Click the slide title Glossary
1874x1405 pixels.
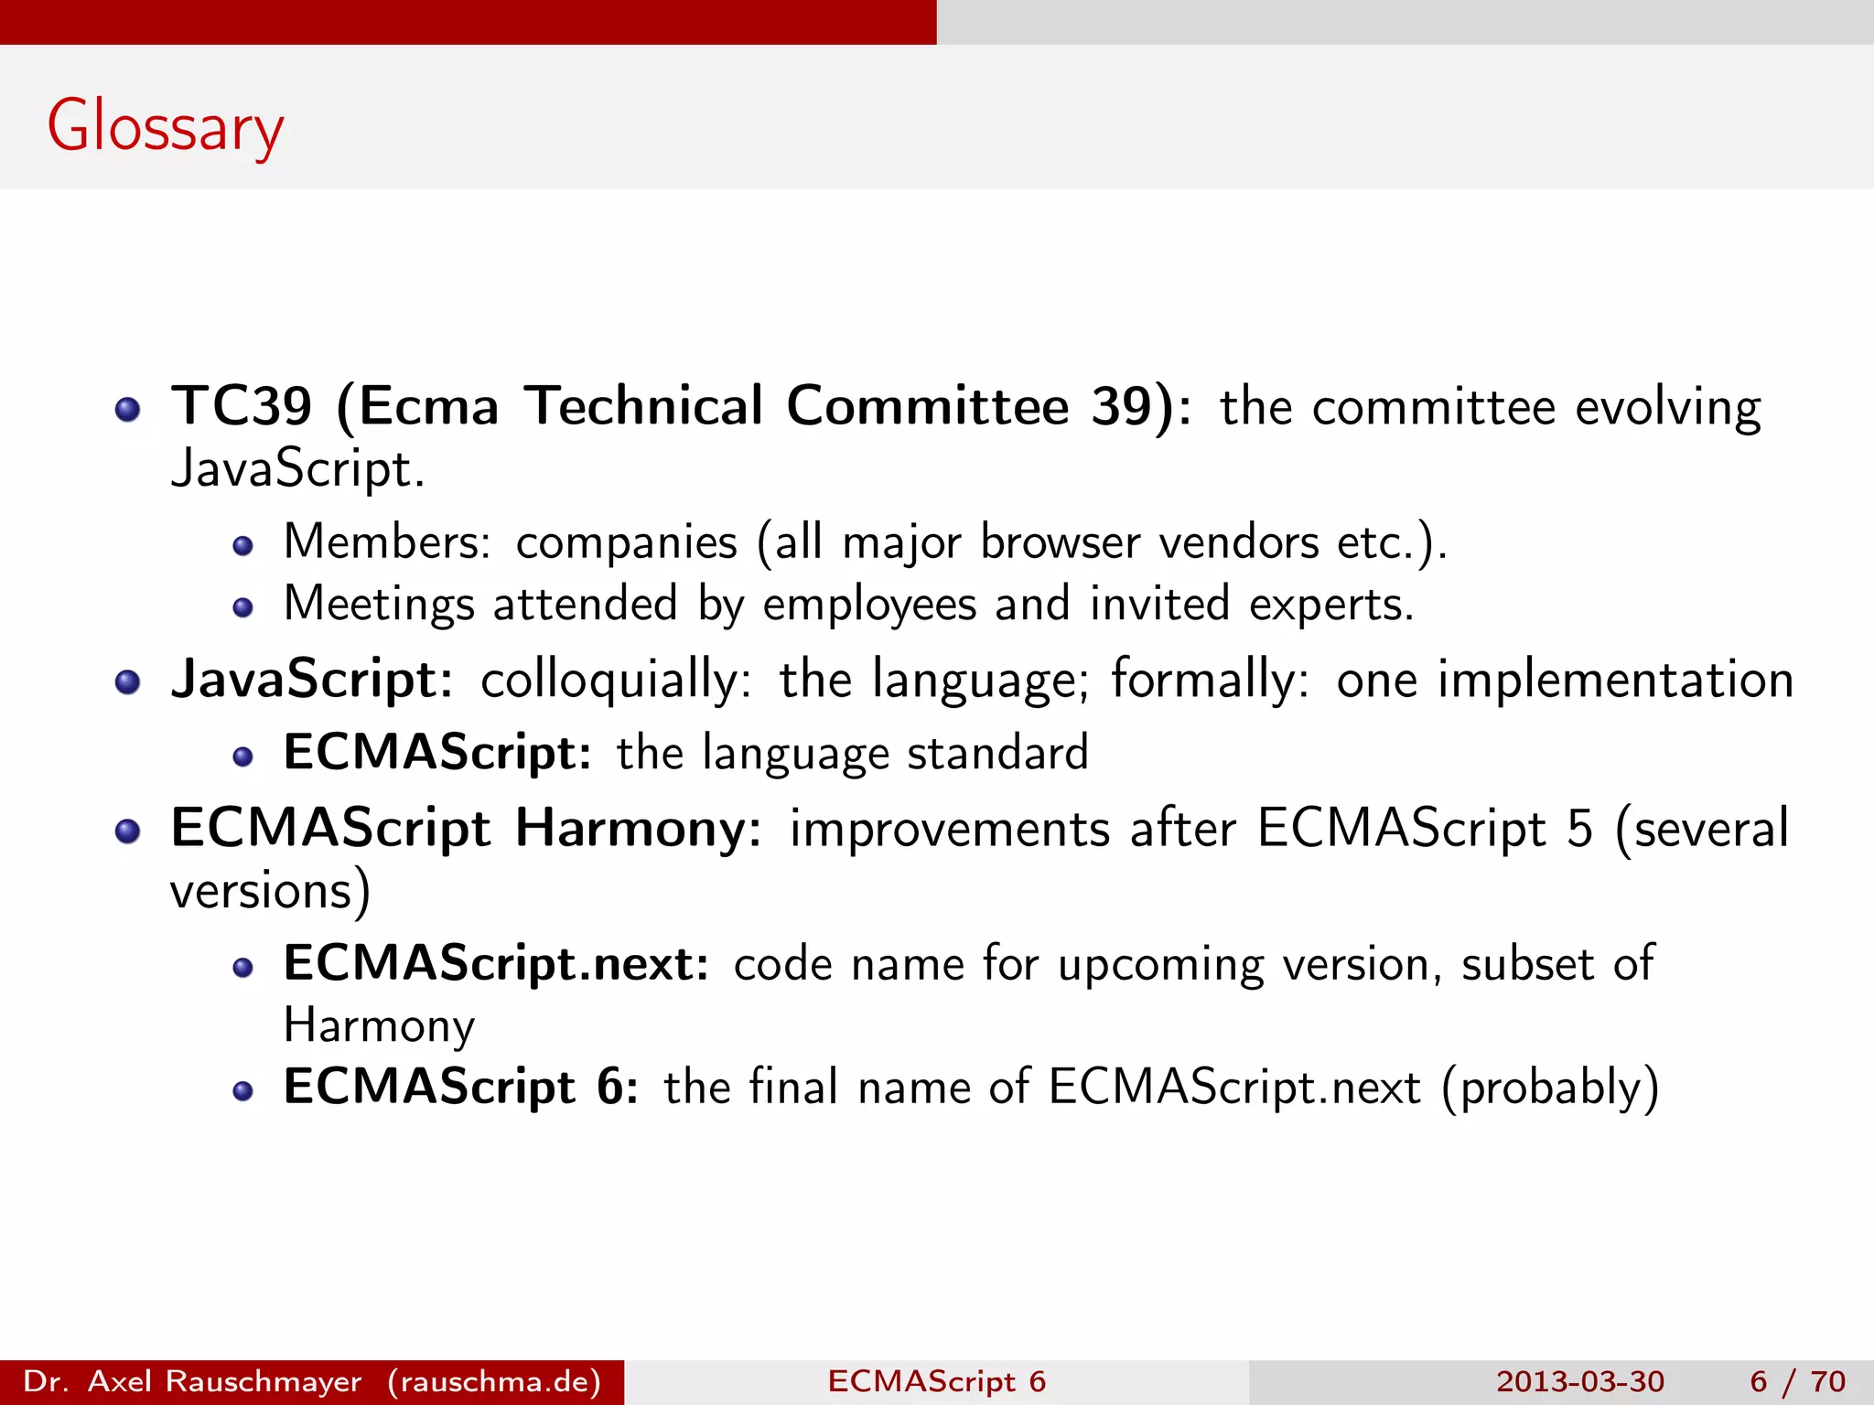point(166,128)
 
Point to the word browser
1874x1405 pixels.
point(1060,542)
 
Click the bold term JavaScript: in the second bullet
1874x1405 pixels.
point(312,680)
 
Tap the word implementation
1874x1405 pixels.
point(1615,680)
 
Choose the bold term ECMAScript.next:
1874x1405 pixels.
point(496,963)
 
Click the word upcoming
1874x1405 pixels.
point(1160,965)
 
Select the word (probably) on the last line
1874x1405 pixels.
point(1550,1088)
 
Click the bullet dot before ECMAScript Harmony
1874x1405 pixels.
point(128,831)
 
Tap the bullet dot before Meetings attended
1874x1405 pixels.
point(242,608)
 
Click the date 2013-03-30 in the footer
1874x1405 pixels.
point(1580,1381)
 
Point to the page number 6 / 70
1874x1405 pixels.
point(1797,1381)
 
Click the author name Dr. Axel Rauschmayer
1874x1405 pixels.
point(192,1381)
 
